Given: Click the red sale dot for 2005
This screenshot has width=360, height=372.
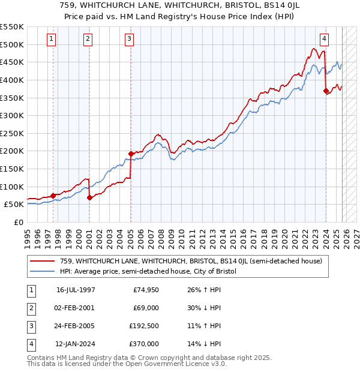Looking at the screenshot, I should pos(131,154).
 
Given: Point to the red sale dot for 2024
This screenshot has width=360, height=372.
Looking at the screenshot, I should pos(326,91).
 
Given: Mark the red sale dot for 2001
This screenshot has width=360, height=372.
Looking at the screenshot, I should pos(89,197).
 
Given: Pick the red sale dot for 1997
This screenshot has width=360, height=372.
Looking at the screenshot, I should pos(53,195).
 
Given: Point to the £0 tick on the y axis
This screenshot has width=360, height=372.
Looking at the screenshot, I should pos(18,222).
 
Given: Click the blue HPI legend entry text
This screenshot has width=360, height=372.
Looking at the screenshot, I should pos(148,271).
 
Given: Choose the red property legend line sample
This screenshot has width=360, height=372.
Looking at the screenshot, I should pos(42,261).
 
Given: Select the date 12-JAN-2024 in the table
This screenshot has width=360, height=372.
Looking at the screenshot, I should pos(76,344).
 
